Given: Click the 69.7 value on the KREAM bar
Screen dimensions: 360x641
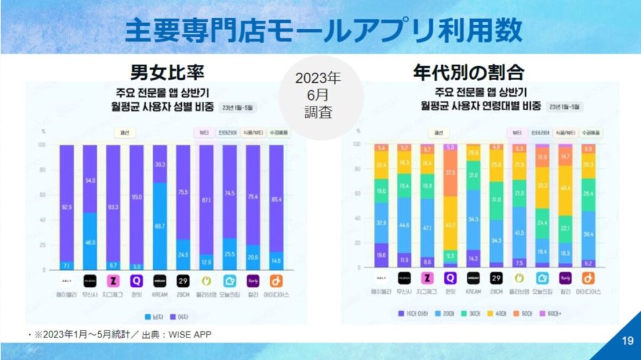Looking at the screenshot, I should [x=160, y=225].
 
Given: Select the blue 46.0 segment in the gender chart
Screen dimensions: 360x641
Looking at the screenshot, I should [x=90, y=242].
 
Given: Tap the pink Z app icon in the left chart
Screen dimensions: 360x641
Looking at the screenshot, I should [x=113, y=280].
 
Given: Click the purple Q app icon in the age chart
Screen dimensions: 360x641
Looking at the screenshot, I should [x=450, y=278].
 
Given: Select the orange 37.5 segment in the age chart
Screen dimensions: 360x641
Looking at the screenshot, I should [x=450, y=173].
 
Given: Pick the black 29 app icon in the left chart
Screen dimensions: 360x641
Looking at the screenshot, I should [x=183, y=280].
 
